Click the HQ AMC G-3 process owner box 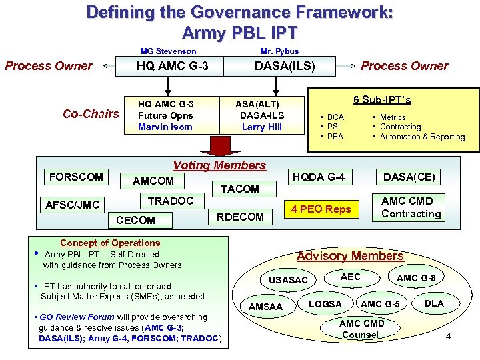(172, 65)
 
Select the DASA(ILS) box (285, 65)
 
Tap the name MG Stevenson (168, 51)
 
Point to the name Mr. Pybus (279, 51)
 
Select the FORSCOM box (77, 177)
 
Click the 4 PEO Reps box (321, 209)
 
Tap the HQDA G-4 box (319, 177)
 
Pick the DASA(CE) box (409, 177)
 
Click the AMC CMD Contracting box (411, 207)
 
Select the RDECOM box (240, 216)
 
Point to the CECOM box (135, 220)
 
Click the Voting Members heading (219, 165)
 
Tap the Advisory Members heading (350, 256)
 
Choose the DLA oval (434, 303)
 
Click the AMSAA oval (266, 307)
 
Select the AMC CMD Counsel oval (360, 329)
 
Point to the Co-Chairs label (91, 114)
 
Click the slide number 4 (448, 336)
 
